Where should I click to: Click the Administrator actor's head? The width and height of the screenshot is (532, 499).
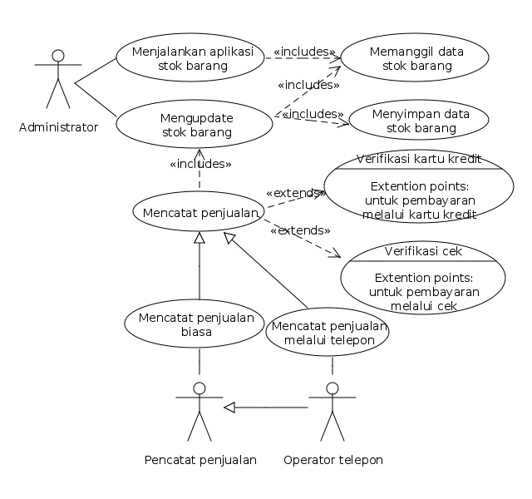(x=58, y=56)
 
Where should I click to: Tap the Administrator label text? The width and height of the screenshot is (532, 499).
(x=58, y=127)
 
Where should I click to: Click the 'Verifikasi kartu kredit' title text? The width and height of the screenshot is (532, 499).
(x=419, y=159)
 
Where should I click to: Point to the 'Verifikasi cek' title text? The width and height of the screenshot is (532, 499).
(x=423, y=251)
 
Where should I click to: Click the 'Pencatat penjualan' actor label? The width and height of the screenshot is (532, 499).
(x=200, y=460)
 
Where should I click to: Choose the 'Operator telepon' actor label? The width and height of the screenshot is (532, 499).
(x=333, y=460)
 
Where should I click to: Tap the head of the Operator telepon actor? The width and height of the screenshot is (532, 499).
(x=332, y=388)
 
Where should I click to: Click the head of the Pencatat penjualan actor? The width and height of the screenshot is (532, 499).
(x=199, y=388)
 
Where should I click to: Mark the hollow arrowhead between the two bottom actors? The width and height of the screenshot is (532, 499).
(x=229, y=408)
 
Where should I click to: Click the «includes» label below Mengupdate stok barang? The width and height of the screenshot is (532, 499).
(x=200, y=164)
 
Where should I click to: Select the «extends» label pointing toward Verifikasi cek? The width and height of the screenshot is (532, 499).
(x=300, y=230)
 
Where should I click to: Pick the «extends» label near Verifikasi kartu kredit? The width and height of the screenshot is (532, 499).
(x=296, y=193)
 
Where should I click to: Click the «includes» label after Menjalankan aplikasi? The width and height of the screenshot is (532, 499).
(x=304, y=52)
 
